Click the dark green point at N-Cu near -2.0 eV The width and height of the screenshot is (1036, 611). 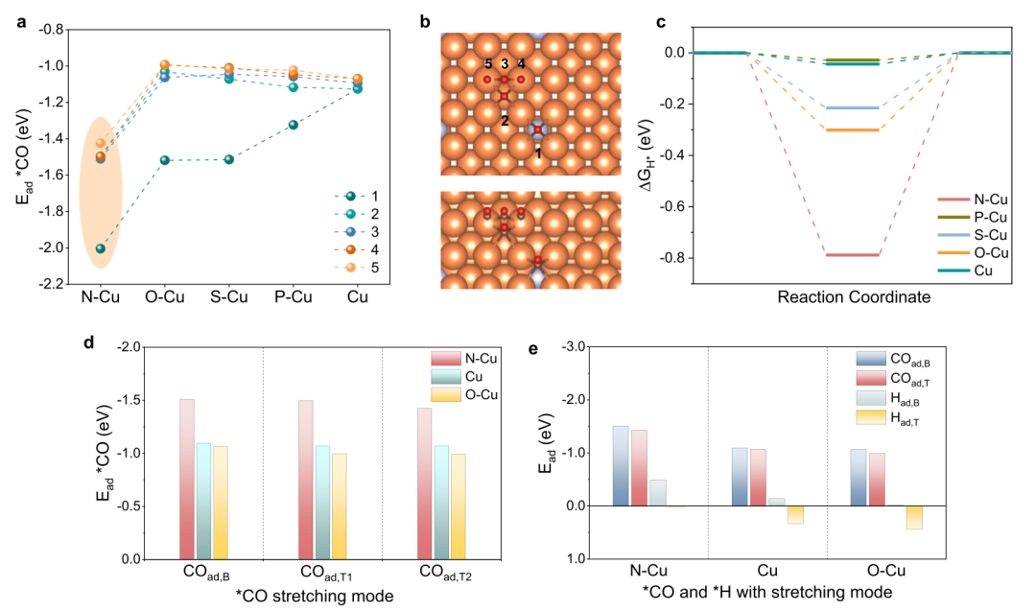(x=100, y=248)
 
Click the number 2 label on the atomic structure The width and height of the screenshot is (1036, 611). (x=505, y=120)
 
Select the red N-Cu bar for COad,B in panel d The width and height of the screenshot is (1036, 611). (x=186, y=479)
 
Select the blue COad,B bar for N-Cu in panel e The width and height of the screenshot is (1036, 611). (x=621, y=466)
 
